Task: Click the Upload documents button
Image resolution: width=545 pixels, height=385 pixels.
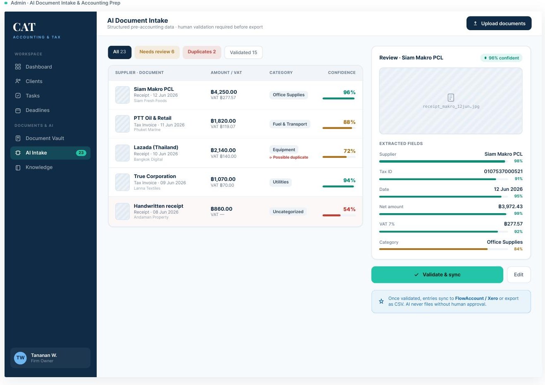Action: (x=499, y=24)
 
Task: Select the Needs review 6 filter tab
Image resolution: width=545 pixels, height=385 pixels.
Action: (x=157, y=52)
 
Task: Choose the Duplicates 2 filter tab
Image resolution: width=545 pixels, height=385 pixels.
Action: (x=202, y=52)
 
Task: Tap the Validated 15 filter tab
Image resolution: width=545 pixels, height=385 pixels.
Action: (x=243, y=52)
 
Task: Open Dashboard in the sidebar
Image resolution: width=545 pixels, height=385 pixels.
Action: (x=39, y=67)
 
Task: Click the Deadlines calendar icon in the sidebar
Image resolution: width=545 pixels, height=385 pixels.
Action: (x=18, y=110)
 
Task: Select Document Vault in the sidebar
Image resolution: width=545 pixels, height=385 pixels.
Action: (x=45, y=138)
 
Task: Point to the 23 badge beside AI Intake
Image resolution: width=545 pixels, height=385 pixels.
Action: (x=81, y=153)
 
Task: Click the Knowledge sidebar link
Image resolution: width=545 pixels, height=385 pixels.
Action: (x=39, y=167)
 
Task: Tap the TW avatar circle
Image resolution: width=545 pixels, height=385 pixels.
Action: (x=20, y=358)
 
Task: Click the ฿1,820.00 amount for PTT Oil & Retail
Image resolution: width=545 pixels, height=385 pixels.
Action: (x=223, y=121)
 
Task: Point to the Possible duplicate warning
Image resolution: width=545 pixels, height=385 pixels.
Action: (x=289, y=157)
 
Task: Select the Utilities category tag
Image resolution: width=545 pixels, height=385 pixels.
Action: (x=281, y=182)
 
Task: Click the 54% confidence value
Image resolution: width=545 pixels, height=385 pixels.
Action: (x=349, y=209)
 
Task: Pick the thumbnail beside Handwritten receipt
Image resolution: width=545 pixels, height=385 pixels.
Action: (x=122, y=212)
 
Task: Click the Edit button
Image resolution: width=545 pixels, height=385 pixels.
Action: (x=519, y=275)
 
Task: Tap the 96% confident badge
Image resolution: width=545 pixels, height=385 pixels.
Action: (x=501, y=58)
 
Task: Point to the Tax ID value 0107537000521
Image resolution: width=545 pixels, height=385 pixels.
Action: (x=503, y=171)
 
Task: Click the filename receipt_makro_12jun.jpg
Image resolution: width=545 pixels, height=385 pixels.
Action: (x=451, y=107)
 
